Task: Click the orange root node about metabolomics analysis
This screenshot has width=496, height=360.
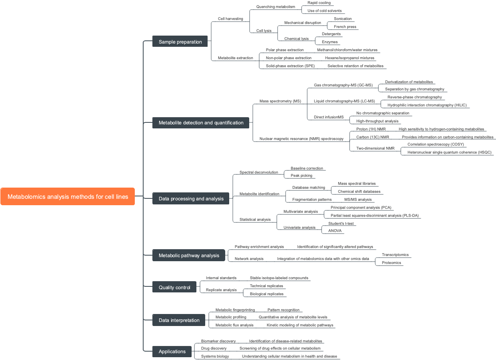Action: [x=68, y=196]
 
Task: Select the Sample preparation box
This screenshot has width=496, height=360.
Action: [x=180, y=42]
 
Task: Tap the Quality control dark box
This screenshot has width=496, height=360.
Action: [x=174, y=287]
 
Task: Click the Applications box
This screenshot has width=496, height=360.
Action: [x=172, y=351]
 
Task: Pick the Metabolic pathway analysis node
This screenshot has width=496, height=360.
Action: [x=189, y=255]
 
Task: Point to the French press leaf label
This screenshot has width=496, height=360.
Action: [x=345, y=27]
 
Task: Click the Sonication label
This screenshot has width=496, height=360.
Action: [x=343, y=19]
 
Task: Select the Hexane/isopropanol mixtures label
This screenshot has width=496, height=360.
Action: [x=350, y=58]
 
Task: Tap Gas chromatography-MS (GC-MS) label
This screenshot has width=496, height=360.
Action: [x=343, y=85]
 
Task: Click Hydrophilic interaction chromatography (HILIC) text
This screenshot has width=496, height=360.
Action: [x=427, y=105]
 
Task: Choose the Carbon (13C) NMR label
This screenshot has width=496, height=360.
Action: [x=372, y=137]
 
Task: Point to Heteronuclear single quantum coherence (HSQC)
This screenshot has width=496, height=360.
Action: [x=449, y=152]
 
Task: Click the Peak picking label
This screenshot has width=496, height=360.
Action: [x=301, y=176]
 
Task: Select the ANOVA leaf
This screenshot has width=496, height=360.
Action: [x=335, y=231]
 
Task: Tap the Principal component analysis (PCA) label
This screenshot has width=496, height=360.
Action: [x=361, y=208]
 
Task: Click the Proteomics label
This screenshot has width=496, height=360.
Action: [x=391, y=263]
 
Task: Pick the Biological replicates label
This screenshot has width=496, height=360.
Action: [x=266, y=294]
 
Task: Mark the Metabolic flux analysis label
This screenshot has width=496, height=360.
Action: [x=234, y=325]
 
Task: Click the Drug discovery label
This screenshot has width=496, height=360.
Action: [x=214, y=348]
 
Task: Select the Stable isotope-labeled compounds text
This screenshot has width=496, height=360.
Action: [x=279, y=278]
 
